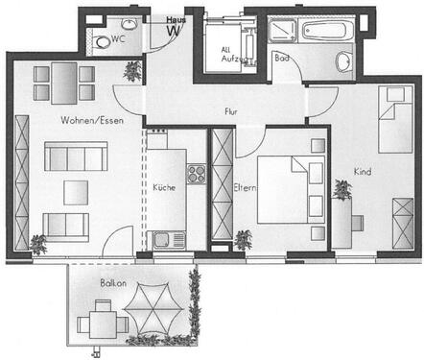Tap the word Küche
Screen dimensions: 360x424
[163, 187]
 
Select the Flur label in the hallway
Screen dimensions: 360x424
[230, 112]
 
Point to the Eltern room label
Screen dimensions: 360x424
[244, 188]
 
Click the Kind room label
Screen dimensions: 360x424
[362, 172]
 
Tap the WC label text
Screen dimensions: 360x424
[119, 40]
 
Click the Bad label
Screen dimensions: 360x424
[280, 59]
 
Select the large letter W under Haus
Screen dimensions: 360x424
[174, 29]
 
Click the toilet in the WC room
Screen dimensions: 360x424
[101, 41]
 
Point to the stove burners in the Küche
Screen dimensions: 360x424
[196, 174]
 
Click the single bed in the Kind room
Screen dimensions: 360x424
[394, 119]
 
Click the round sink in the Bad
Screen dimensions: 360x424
[343, 63]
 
